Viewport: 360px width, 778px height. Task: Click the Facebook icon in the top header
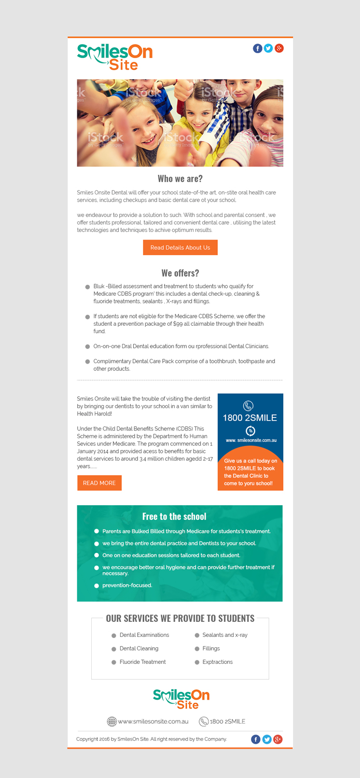(257, 48)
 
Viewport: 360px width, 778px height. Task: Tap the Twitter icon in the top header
(268, 48)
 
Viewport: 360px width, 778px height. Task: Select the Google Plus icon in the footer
(278, 739)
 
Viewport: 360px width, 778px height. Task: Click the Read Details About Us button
(180, 247)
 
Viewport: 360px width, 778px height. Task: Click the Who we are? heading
(180, 179)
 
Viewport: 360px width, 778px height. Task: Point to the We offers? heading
(180, 273)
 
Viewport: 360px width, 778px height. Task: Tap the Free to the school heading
(174, 517)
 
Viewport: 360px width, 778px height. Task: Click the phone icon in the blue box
(248, 406)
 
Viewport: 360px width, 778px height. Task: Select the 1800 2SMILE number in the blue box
(250, 418)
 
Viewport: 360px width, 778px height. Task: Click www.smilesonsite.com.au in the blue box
(251, 440)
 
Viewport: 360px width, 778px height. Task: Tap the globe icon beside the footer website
(112, 721)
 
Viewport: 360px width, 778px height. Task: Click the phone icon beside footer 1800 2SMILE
(204, 721)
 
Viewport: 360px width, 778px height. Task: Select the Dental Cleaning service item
(139, 648)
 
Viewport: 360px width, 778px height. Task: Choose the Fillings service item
(211, 648)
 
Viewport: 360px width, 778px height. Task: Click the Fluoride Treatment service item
(143, 662)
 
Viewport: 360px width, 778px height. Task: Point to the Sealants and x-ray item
(225, 635)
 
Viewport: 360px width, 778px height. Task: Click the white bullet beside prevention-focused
(96, 586)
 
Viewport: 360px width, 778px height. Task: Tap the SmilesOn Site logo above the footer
(181, 699)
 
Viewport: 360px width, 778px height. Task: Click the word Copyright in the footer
(88, 739)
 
